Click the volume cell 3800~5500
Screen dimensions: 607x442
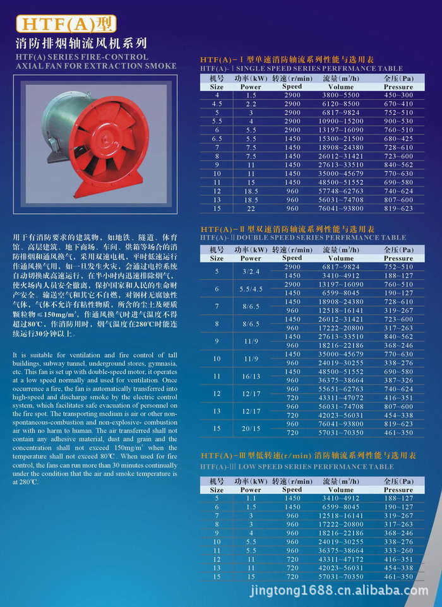(x=341, y=94)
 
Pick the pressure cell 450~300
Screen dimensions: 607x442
(x=398, y=94)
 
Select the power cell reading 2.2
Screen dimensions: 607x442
(x=251, y=103)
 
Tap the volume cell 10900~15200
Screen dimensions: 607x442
(x=341, y=121)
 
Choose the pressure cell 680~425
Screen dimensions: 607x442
(x=398, y=138)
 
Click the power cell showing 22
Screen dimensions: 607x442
(x=251, y=208)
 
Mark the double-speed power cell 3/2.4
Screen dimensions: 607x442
(x=251, y=271)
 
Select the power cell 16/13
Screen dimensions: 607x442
(x=251, y=375)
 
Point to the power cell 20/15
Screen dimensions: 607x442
(x=251, y=428)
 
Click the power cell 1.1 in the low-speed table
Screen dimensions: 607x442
(x=251, y=498)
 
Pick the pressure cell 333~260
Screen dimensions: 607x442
(x=398, y=550)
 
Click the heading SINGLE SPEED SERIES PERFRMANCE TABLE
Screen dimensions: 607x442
(x=301, y=68)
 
